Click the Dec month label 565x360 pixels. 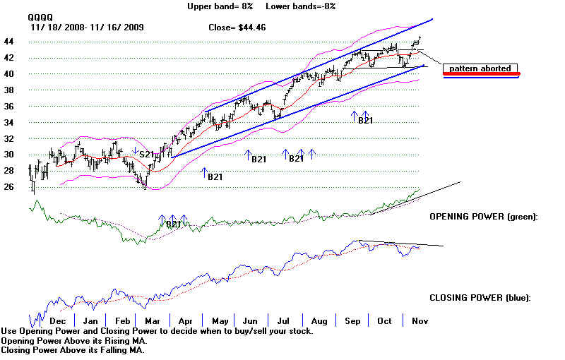click(x=59, y=321)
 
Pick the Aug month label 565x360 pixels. click(x=319, y=321)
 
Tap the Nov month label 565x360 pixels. click(x=418, y=321)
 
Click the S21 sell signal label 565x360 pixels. click(x=146, y=154)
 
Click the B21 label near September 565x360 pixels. click(x=365, y=121)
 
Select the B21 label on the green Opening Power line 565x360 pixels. click(x=174, y=224)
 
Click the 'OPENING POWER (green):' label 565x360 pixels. click(x=483, y=217)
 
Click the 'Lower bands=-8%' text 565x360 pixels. click(x=300, y=6)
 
